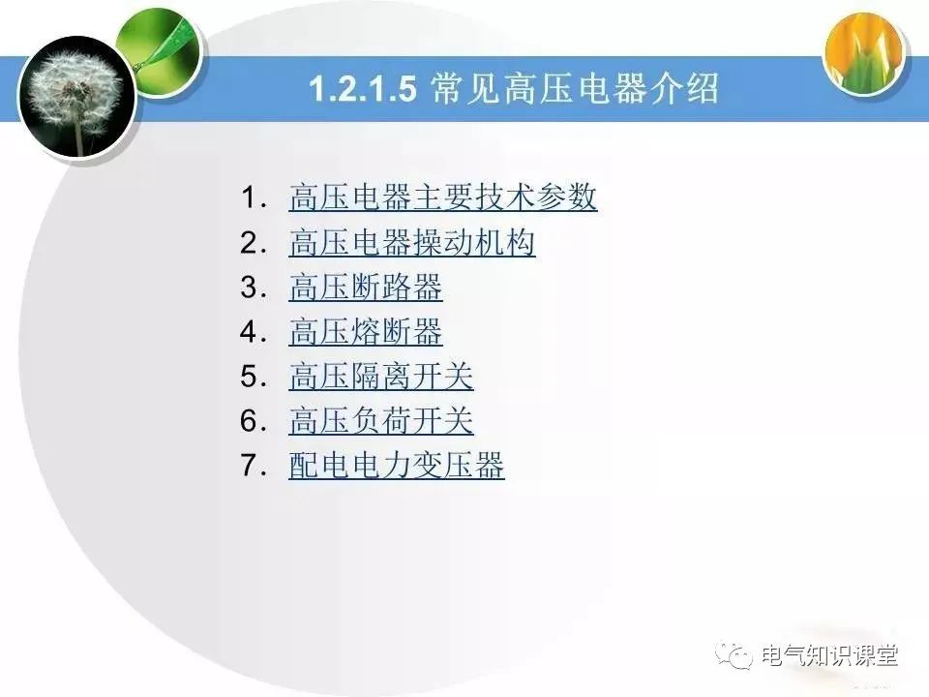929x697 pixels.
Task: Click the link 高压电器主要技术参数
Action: click(442, 198)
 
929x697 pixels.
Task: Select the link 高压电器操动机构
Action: click(411, 243)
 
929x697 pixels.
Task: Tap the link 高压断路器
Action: click(365, 288)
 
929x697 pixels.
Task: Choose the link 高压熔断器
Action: click(365, 332)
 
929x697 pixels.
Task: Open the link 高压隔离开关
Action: click(380, 377)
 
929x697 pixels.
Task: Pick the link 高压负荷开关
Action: click(380, 421)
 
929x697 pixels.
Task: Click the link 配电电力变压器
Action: click(396, 466)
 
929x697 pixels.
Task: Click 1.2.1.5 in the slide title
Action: click(363, 90)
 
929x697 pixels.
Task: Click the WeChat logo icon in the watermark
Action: click(737, 656)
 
